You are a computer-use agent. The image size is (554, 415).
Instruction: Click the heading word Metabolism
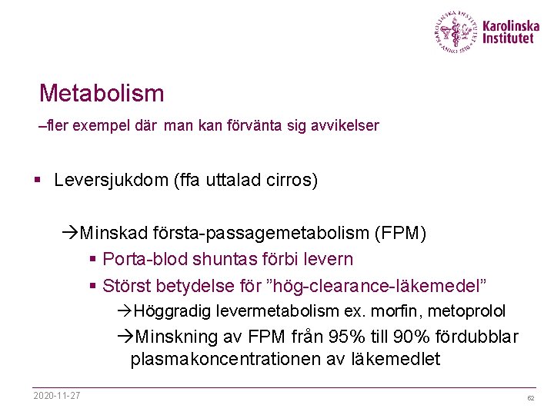point(102,94)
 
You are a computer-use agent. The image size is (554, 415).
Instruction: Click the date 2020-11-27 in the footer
point(57,396)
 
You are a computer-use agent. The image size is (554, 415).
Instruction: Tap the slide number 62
point(530,398)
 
